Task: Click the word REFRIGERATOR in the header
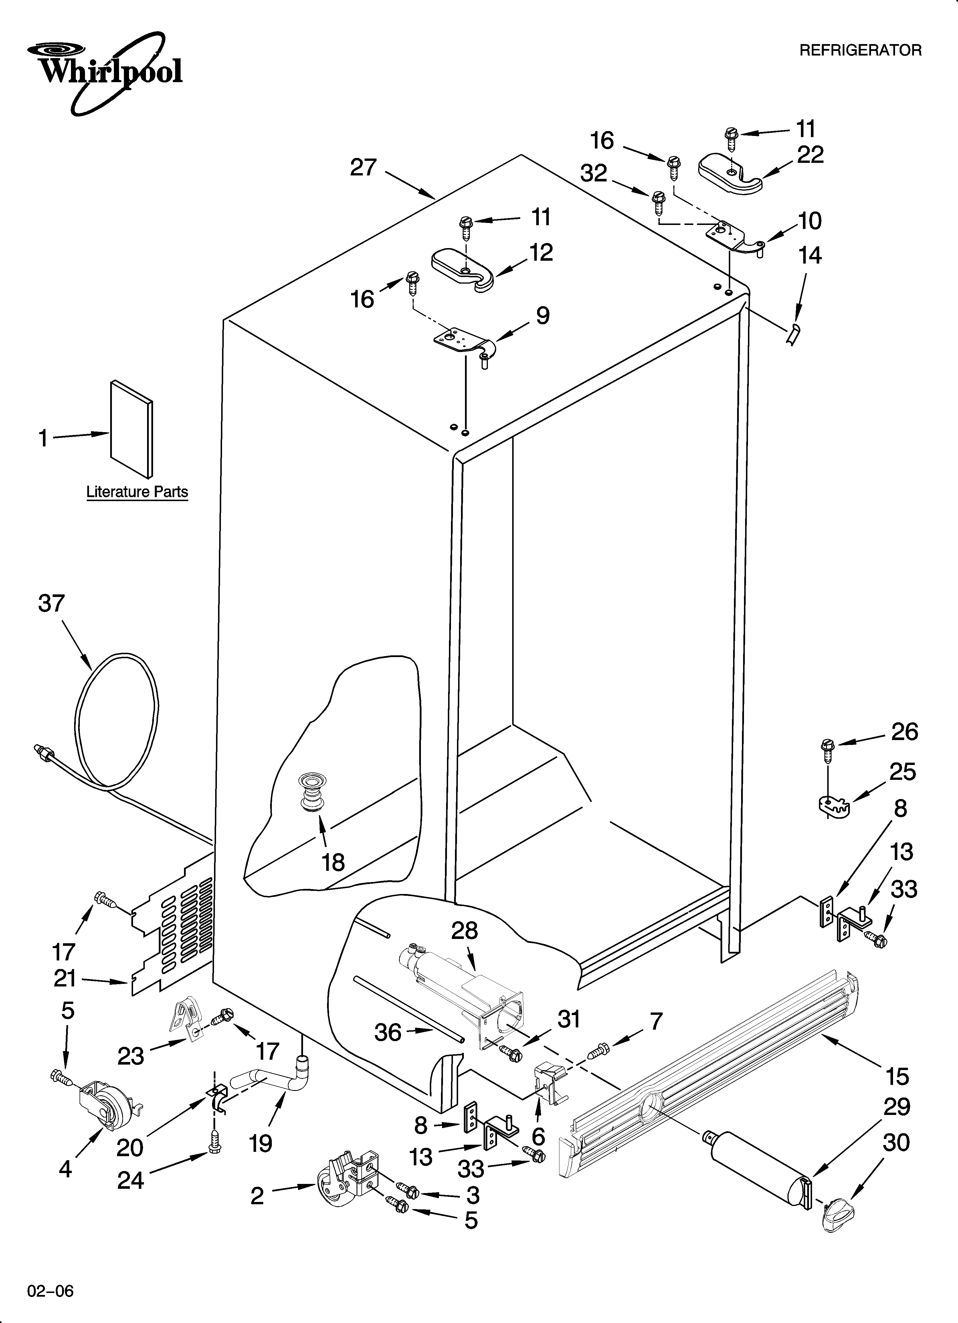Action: [860, 51]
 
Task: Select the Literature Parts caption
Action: [137, 492]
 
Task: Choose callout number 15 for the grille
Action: [897, 1076]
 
